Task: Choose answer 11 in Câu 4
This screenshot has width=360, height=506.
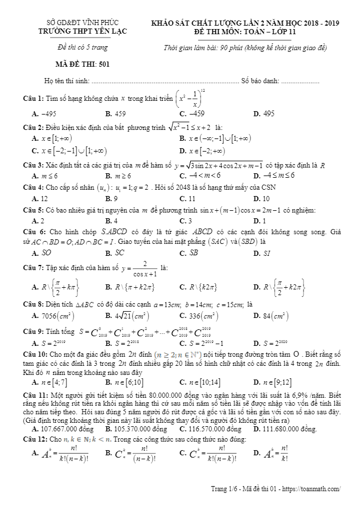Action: tap(191, 198)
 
